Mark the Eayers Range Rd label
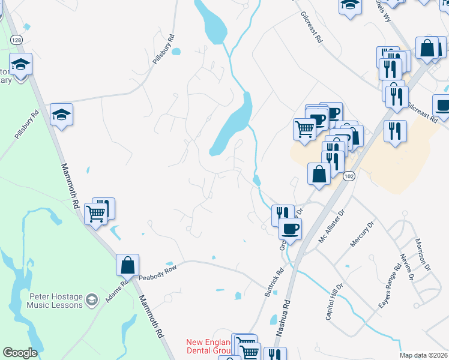(x=390, y=288)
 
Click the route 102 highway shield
(x=349, y=177)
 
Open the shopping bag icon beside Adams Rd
(x=128, y=264)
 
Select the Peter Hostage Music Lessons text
(x=55, y=301)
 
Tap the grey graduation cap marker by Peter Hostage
(x=91, y=299)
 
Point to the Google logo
(x=20, y=353)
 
